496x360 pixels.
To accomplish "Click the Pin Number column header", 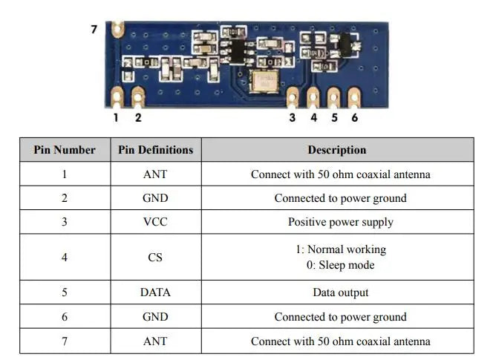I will (x=65, y=150).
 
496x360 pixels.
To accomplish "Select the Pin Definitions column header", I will (x=155, y=150).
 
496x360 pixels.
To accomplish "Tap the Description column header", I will (x=336, y=150).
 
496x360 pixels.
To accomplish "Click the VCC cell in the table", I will (x=155, y=222).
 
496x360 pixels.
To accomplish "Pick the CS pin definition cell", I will (x=155, y=258).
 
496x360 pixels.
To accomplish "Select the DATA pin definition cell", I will (x=155, y=292).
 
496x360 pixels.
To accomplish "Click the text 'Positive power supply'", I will (x=340, y=222).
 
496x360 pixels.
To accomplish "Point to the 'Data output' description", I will (x=340, y=292).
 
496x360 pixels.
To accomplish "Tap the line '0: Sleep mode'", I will (x=340, y=265).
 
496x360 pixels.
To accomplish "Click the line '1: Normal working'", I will (x=340, y=249).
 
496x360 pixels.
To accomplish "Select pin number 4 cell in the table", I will (x=65, y=258).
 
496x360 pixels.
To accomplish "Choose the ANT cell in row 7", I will (x=155, y=341).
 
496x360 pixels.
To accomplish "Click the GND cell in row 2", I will (x=155, y=198).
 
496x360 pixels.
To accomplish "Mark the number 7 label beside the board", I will (x=94, y=30).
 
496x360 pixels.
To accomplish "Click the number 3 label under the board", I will (x=292, y=117).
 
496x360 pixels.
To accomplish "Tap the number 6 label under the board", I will (x=354, y=117).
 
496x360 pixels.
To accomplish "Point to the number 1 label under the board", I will (x=116, y=117).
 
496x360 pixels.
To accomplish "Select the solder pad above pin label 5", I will (x=333, y=96).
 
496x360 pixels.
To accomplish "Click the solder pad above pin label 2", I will (x=138, y=95).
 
